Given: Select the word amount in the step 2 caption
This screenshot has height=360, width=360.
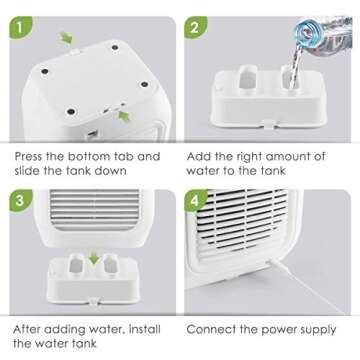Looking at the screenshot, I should click(x=290, y=157).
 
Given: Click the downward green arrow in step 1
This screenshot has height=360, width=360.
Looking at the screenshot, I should click(x=67, y=38).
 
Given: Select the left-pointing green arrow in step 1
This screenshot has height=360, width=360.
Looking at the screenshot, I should click(x=124, y=117).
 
